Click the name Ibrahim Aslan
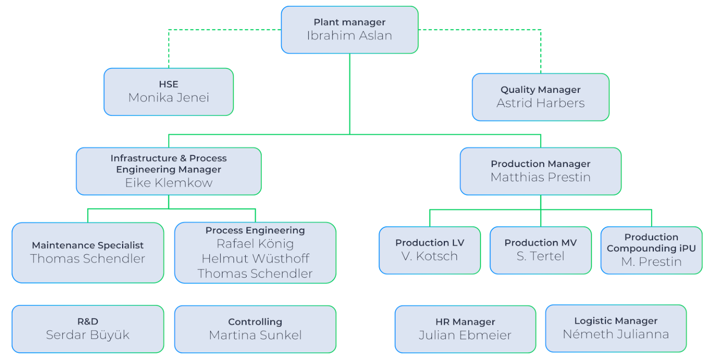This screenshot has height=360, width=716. coord(349,35)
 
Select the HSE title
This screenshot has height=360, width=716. coord(168,84)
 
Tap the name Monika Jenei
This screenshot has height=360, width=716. coord(168,97)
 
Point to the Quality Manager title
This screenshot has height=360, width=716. coord(541,90)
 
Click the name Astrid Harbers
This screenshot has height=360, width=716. coord(541,103)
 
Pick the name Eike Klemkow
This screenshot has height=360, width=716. coord(168,183)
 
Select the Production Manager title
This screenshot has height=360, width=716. coord(541,164)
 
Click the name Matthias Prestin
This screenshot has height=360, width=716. coord(541,177)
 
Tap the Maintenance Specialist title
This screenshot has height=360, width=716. coord(88,246)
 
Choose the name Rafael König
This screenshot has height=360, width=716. coord(255,244)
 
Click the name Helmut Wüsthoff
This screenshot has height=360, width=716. coord(255,258)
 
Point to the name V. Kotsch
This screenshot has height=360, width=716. coord(430,256)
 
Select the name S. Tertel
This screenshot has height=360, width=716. coord(541,256)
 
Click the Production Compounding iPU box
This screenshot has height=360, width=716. coord(652,250)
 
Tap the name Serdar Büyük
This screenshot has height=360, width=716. coord(88,335)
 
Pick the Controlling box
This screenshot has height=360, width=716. coord(255,329)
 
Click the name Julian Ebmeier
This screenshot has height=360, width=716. coord(465,335)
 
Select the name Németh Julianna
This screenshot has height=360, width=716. coord(616,334)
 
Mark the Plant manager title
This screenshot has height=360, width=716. coord(349,22)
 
